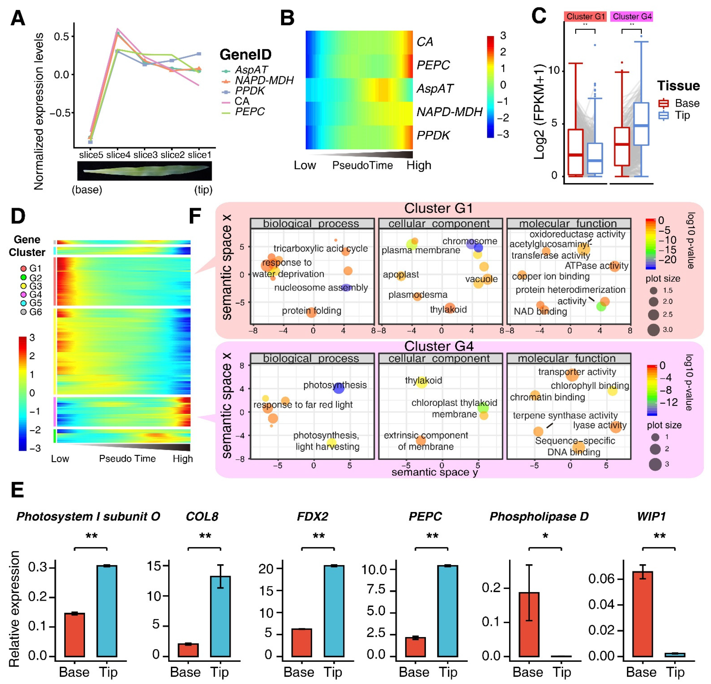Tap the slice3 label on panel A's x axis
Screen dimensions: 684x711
[x=145, y=155]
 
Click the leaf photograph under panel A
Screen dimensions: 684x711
[x=144, y=171]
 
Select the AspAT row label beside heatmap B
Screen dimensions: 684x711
[x=435, y=88]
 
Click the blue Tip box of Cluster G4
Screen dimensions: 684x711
[x=641, y=124]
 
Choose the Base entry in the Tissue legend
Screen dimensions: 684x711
[x=686, y=103]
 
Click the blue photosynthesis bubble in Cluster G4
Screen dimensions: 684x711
[x=338, y=388]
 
